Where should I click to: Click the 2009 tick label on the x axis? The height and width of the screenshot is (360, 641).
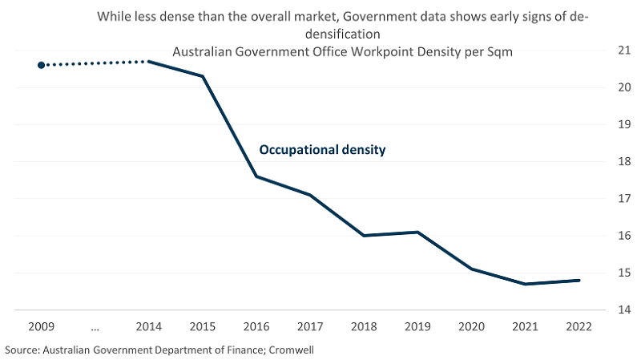coord(41,327)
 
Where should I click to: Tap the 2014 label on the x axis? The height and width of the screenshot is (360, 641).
coord(149,327)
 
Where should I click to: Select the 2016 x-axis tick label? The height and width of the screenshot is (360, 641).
coord(256,327)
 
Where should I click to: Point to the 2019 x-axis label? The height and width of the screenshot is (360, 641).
coord(417,327)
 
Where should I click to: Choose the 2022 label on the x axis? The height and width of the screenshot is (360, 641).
coord(579,327)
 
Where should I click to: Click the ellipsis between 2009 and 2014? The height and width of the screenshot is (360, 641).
coord(95,327)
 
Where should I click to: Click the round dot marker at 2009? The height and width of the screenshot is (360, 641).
coord(42,65)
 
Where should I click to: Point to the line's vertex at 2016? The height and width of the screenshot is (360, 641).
coord(256,176)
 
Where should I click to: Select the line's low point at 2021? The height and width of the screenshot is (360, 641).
coord(525,284)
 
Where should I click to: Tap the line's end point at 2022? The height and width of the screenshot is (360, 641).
coord(579,280)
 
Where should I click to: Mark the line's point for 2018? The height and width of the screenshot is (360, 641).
coord(364,236)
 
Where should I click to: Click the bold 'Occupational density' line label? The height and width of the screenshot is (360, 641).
coord(321,150)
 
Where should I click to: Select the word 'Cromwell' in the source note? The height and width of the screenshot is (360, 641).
coord(304,350)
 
